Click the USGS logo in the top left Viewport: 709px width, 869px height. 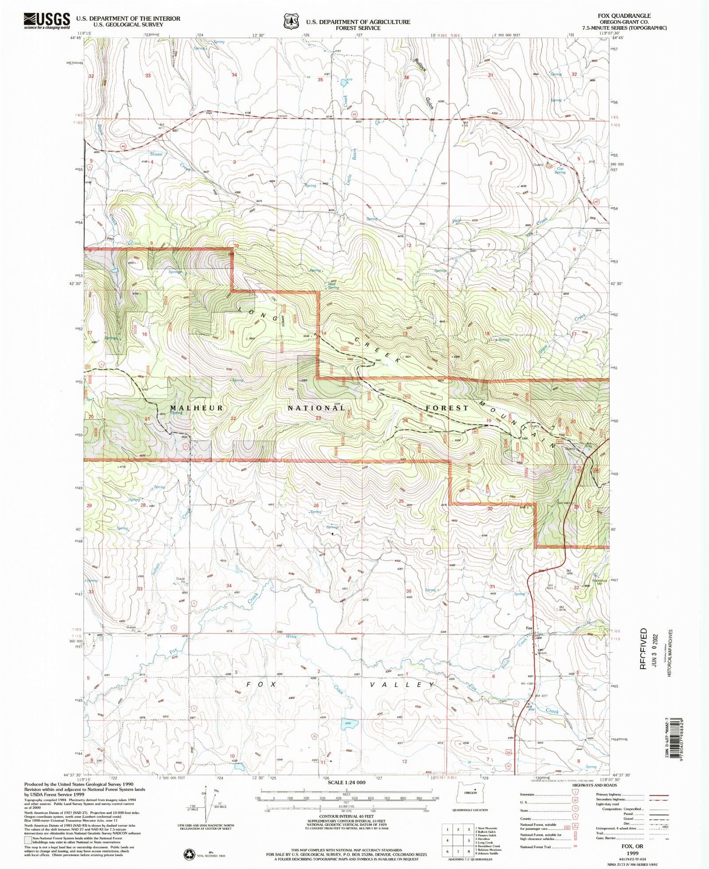click(x=47, y=20)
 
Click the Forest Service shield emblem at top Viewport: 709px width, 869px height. click(x=291, y=21)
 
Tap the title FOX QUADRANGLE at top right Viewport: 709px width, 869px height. click(x=624, y=16)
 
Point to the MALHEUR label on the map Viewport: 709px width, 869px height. click(x=197, y=408)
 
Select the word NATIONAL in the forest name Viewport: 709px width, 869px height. click(x=316, y=408)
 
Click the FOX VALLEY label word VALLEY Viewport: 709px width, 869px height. click(x=402, y=685)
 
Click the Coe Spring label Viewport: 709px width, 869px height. click(x=560, y=170)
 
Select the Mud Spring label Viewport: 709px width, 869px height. click(x=333, y=286)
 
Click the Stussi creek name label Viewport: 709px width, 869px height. click(x=156, y=154)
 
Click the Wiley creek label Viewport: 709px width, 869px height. click(x=291, y=637)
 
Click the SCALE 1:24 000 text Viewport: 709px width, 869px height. click(x=347, y=782)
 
